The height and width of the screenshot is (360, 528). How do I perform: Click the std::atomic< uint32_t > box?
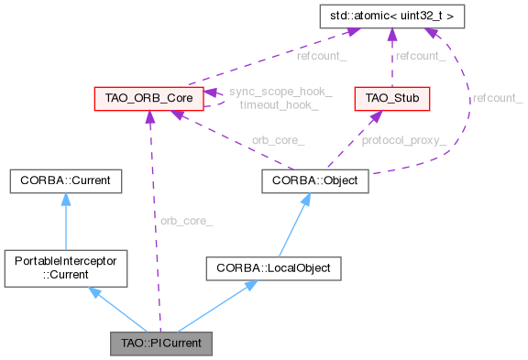tap(391, 16)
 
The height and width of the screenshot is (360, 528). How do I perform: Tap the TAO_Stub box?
tap(392, 97)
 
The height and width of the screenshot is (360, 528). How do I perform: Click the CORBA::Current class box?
tap(64, 180)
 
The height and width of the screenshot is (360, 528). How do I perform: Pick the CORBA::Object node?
tap(315, 180)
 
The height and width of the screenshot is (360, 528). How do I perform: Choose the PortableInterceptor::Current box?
tap(64, 268)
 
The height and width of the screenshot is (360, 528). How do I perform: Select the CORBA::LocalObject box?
tap(272, 268)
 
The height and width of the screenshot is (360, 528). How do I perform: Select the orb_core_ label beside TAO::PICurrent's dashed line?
tap(186, 221)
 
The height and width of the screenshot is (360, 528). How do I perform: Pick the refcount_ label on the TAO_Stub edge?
tap(422, 57)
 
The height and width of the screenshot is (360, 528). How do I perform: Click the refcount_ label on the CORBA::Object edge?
tap(497, 98)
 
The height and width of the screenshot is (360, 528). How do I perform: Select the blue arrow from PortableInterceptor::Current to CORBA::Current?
tap(64, 221)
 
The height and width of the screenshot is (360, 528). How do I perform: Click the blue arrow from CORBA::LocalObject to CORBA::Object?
tap(295, 224)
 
